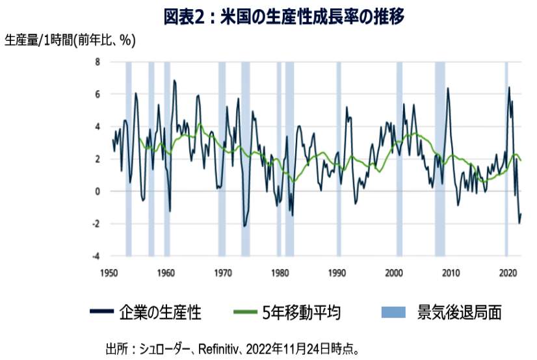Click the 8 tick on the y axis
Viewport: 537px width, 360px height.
97,62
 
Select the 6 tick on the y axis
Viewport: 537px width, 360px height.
97,94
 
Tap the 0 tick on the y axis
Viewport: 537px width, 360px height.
97,191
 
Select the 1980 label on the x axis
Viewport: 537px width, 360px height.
280,272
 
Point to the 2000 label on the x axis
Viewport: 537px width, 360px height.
394,272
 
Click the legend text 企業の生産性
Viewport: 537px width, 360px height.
160,313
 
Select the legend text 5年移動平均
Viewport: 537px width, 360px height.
302,313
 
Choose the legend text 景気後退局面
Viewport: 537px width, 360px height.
459,313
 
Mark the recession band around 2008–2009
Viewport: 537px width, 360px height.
440,159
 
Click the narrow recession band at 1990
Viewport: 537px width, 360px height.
339,159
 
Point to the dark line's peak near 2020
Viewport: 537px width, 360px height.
509,87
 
